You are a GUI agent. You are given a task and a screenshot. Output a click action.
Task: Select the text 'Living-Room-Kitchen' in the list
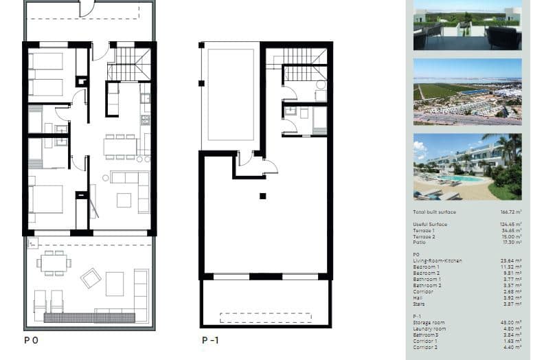(438, 261)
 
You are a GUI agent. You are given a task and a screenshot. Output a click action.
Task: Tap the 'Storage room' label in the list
(429, 322)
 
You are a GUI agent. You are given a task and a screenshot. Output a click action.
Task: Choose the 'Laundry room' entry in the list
(429, 328)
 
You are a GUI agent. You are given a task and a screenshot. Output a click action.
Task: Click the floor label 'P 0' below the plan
(31, 340)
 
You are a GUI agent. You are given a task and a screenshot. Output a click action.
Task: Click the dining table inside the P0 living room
(121, 146)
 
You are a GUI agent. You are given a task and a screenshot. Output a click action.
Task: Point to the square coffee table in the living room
(124, 200)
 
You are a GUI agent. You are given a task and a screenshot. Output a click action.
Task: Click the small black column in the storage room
(262, 196)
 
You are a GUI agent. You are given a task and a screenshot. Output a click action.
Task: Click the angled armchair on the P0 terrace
(91, 278)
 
